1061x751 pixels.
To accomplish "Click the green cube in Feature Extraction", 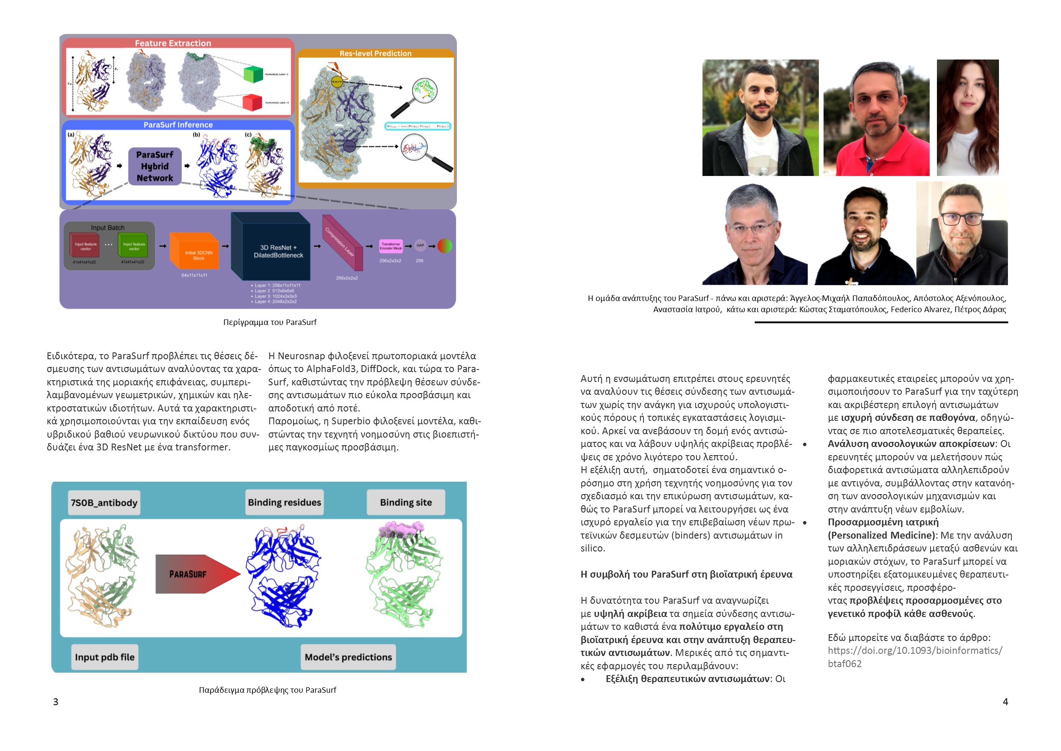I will pyautogui.click(x=253, y=74).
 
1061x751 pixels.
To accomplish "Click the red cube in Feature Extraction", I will pyautogui.click(x=252, y=102).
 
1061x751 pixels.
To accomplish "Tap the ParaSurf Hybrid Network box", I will pyautogui.click(x=155, y=167).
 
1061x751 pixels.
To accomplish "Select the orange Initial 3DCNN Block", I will pyautogui.click(x=195, y=252).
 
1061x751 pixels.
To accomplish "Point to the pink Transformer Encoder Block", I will pyautogui.click(x=391, y=246).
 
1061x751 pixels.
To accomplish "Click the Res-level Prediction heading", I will pyautogui.click(x=375, y=54).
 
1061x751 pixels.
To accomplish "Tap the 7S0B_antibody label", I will pyautogui.click(x=104, y=503).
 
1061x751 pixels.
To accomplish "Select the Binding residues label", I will pyautogui.click(x=284, y=502).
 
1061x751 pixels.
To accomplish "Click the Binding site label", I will pyautogui.click(x=406, y=502).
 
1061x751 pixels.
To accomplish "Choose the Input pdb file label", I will pyautogui.click(x=105, y=657).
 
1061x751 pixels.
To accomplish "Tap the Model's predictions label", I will pyautogui.click(x=348, y=657).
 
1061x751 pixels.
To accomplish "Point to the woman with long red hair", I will pyautogui.click(x=967, y=118).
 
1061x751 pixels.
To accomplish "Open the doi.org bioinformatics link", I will pyautogui.click(x=915, y=657).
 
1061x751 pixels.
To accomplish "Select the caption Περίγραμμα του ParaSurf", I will pyautogui.click(x=270, y=322).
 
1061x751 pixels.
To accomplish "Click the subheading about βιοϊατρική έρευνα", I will pyautogui.click(x=686, y=574).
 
